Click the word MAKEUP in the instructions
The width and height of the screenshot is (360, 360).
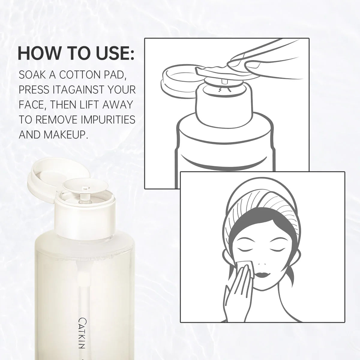click(x=66, y=134)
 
